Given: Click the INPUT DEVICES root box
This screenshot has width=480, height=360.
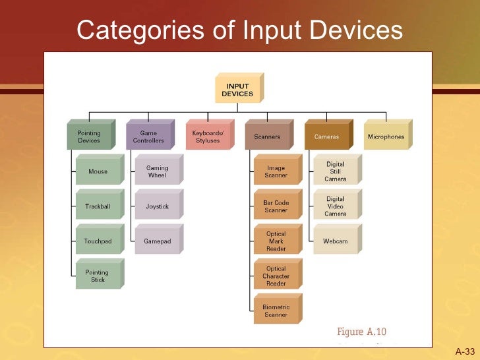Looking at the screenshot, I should point(237,90).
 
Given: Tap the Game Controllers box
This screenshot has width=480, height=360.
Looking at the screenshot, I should point(148,137).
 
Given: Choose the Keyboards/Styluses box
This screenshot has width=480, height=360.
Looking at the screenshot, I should point(208,137).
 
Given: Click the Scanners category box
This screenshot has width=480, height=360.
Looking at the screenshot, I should point(267,137).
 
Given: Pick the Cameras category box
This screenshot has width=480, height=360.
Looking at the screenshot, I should point(326,137).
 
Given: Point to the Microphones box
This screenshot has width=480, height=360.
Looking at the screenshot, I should point(386,137).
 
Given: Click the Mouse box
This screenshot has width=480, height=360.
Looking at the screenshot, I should point(98,171).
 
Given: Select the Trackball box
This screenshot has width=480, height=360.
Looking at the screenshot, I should point(98,206).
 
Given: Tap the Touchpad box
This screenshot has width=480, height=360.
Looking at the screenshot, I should point(98,241).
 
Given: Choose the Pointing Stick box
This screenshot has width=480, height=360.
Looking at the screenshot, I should point(98,276).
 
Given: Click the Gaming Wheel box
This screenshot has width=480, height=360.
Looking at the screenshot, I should point(157,171).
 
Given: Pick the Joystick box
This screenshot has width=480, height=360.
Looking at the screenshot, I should point(157,206).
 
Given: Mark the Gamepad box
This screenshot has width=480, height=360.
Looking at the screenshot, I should point(157,241).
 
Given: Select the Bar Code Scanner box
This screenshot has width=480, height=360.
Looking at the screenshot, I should point(276,206).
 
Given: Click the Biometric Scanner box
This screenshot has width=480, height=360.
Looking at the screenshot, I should point(276,311).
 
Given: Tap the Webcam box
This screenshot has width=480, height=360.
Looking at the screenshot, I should point(335,241).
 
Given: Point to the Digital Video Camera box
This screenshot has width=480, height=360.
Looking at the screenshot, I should point(335,206).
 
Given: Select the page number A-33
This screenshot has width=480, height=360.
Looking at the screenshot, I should point(465,351).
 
